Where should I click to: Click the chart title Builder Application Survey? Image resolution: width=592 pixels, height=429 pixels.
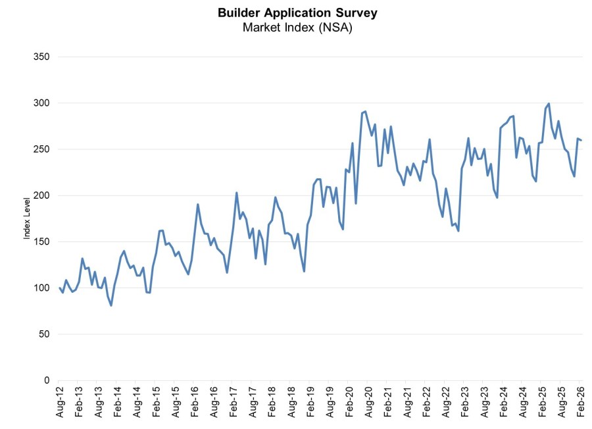pos(297,13)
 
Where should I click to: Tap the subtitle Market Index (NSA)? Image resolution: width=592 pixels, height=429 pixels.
pos(297,27)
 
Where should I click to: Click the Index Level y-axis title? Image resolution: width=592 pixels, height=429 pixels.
pos(27,218)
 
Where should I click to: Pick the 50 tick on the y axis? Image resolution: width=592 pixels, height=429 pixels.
pos(44,334)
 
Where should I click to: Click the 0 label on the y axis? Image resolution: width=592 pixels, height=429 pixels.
pos(47,380)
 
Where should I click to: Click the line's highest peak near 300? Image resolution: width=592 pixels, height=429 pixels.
pos(549,104)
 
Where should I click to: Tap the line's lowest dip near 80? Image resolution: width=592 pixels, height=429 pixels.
pos(111,305)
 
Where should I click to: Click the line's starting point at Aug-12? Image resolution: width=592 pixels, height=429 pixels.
pos(59,288)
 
